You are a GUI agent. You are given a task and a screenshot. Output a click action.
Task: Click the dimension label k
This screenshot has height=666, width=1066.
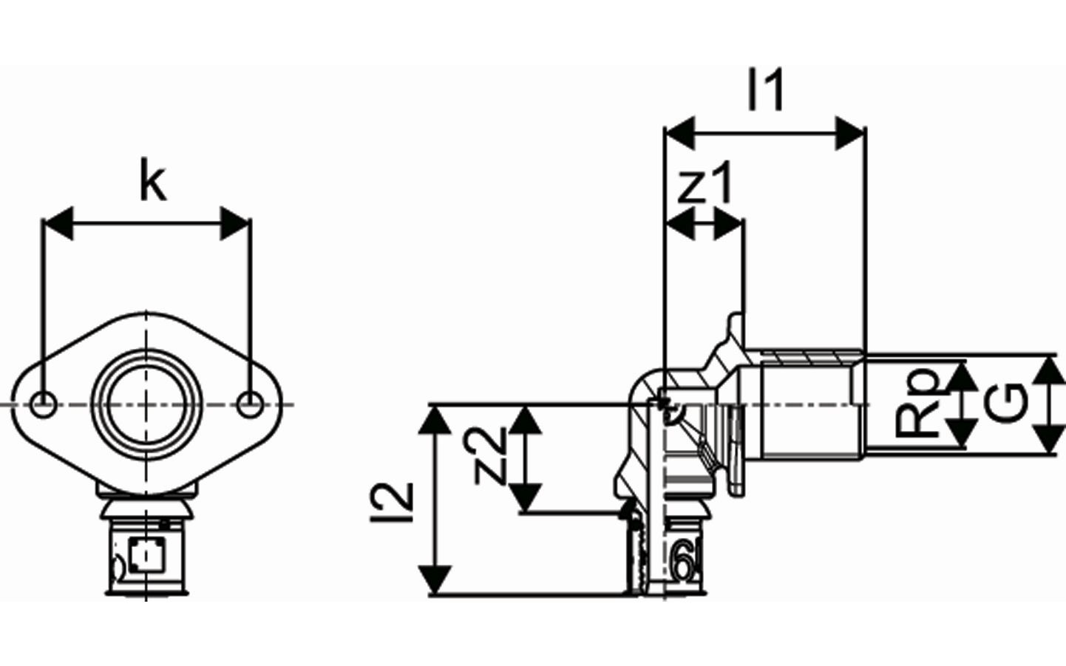(x=153, y=183)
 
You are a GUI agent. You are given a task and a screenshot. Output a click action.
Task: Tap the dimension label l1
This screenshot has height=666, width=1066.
(x=765, y=89)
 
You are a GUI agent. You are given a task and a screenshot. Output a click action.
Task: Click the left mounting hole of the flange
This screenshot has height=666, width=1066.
(x=44, y=405)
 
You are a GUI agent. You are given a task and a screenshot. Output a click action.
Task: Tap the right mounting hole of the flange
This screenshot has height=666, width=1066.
(x=249, y=405)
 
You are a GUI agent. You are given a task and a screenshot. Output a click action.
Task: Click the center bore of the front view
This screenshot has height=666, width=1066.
(x=146, y=405)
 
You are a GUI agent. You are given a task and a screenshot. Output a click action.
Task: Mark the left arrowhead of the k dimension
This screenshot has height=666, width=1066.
(x=58, y=223)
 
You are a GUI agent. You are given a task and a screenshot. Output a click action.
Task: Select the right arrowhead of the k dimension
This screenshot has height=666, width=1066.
(x=235, y=223)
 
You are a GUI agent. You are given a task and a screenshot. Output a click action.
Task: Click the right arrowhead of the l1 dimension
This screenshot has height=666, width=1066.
(x=849, y=133)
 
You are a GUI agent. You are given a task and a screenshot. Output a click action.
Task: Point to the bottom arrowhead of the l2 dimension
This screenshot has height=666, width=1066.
(x=435, y=579)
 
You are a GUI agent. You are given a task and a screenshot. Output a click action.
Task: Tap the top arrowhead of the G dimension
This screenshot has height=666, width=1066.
(x=1050, y=372)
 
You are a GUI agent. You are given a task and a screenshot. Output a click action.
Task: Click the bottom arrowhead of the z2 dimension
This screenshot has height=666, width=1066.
(x=526, y=497)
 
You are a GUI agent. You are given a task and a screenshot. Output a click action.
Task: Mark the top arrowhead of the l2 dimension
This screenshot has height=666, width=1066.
(x=435, y=419)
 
